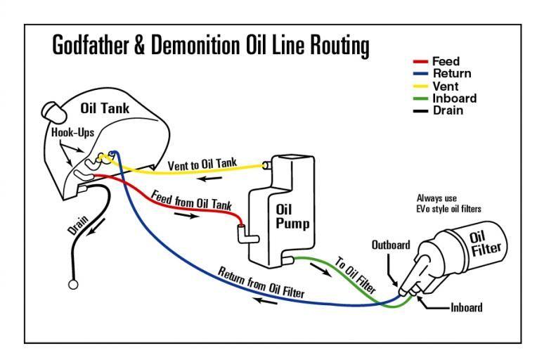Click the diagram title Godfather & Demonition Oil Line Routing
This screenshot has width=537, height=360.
coord(211,46)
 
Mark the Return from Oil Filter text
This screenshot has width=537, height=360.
coord(261,282)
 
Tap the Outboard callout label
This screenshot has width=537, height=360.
coord(391,245)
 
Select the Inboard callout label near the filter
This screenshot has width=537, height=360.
coord(466,307)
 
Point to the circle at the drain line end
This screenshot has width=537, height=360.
coord(72,285)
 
